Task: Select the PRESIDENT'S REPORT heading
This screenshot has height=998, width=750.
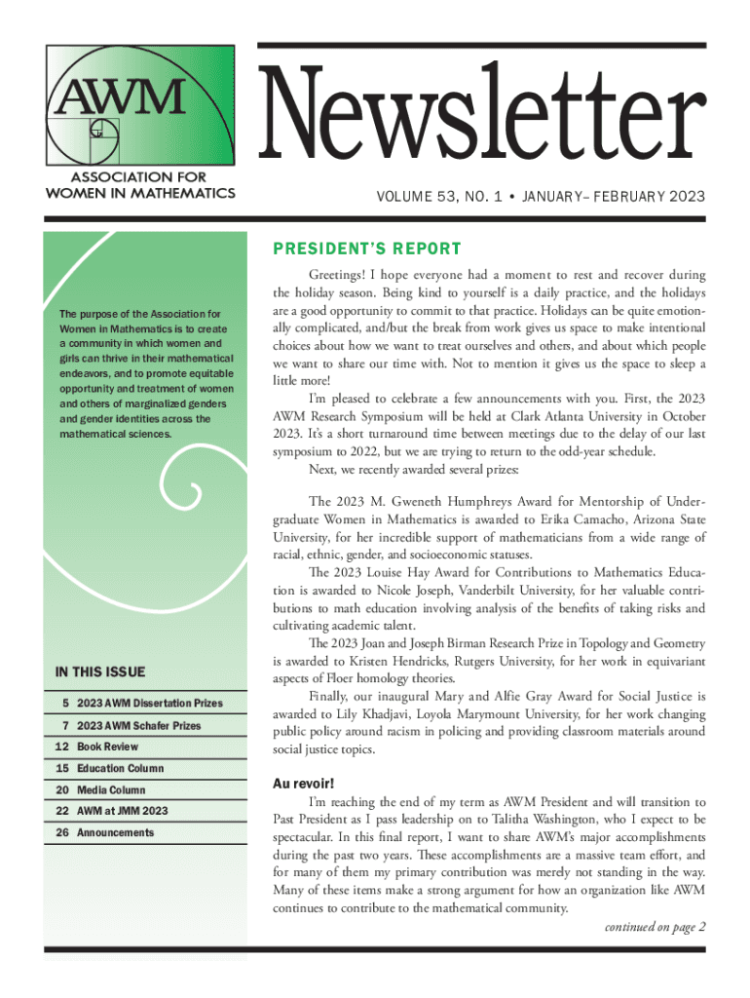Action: tap(366, 249)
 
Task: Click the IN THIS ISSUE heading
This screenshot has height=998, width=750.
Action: tap(100, 672)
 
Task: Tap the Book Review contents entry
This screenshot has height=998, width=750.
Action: tap(108, 747)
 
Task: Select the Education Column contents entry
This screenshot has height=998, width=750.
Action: tap(121, 769)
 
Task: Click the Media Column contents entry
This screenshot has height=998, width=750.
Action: tap(111, 790)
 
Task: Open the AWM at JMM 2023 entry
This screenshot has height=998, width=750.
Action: tap(123, 812)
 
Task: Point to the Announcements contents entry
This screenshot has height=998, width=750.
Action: tap(116, 833)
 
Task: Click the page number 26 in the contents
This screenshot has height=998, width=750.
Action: tap(62, 833)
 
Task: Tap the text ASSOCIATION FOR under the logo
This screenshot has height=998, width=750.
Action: tap(140, 177)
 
